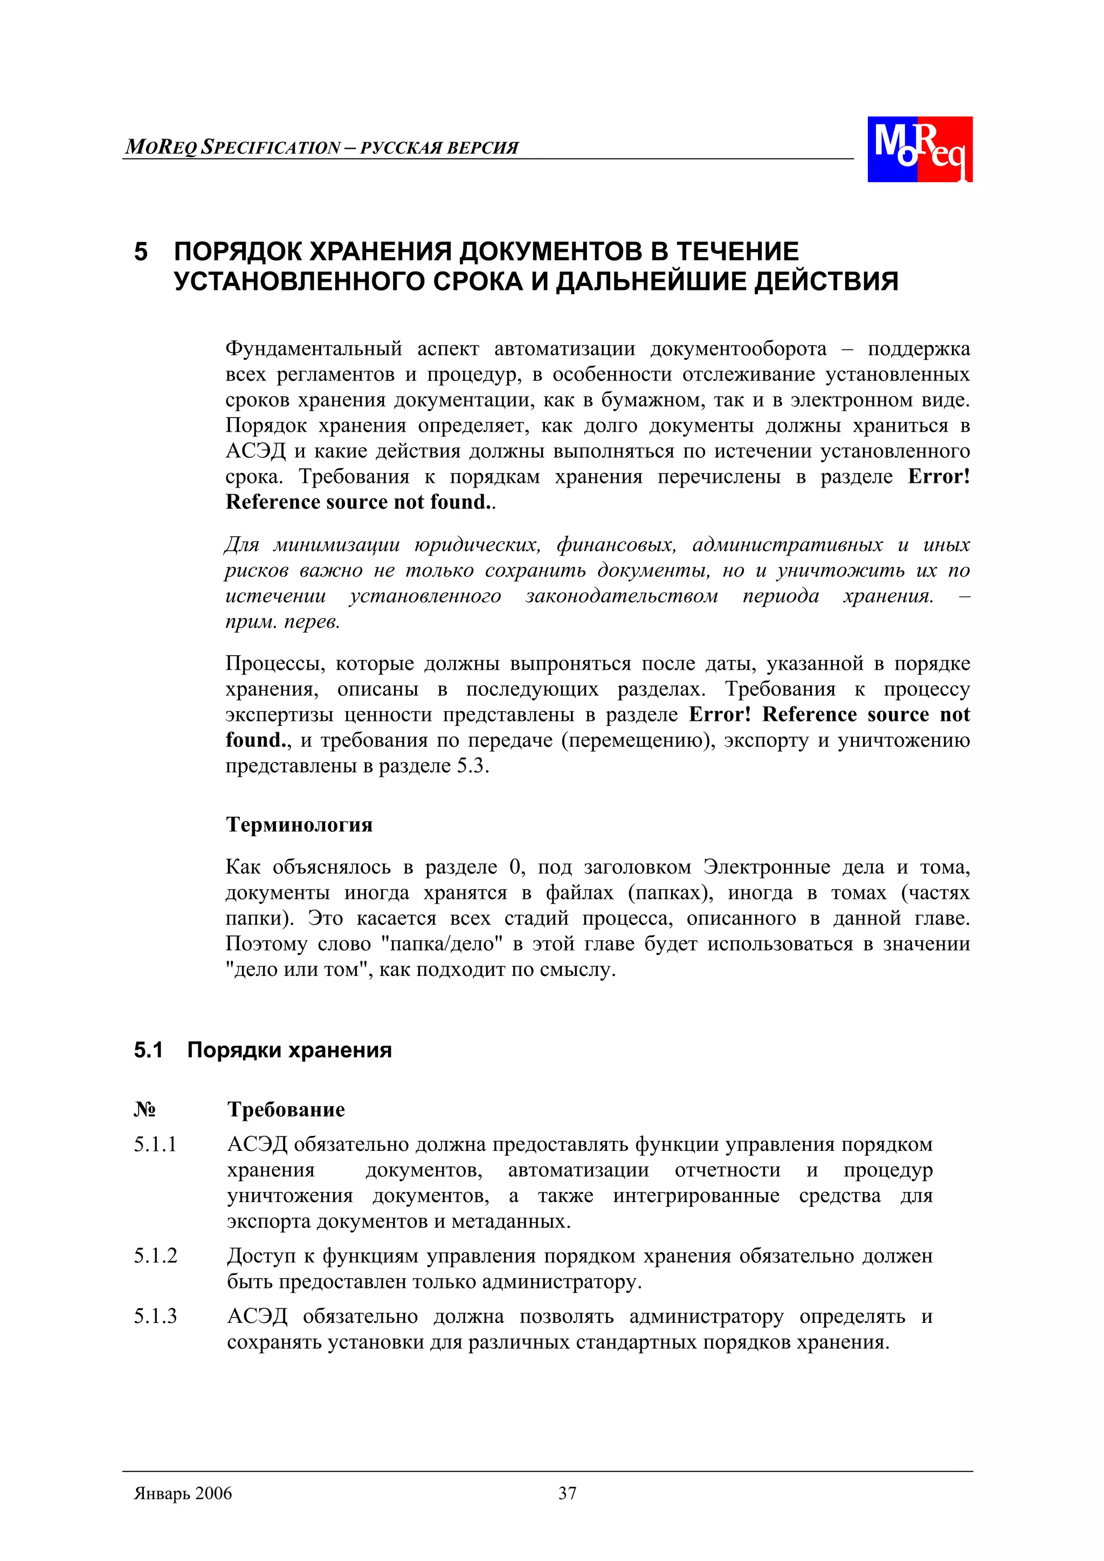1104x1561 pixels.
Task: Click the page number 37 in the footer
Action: pos(567,1493)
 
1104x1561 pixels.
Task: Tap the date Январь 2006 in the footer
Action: pos(183,1493)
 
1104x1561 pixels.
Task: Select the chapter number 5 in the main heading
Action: pos(141,252)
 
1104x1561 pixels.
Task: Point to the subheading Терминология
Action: pos(299,825)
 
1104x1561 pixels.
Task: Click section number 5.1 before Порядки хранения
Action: pos(148,1050)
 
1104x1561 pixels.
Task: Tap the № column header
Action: pos(144,1109)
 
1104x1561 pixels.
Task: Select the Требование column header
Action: pos(286,1109)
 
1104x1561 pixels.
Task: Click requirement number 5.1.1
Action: pos(155,1144)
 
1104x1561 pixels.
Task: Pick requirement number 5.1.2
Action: pos(155,1255)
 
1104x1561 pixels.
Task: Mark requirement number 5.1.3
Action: pos(155,1316)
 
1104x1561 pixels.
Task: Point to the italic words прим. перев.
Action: pos(282,621)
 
